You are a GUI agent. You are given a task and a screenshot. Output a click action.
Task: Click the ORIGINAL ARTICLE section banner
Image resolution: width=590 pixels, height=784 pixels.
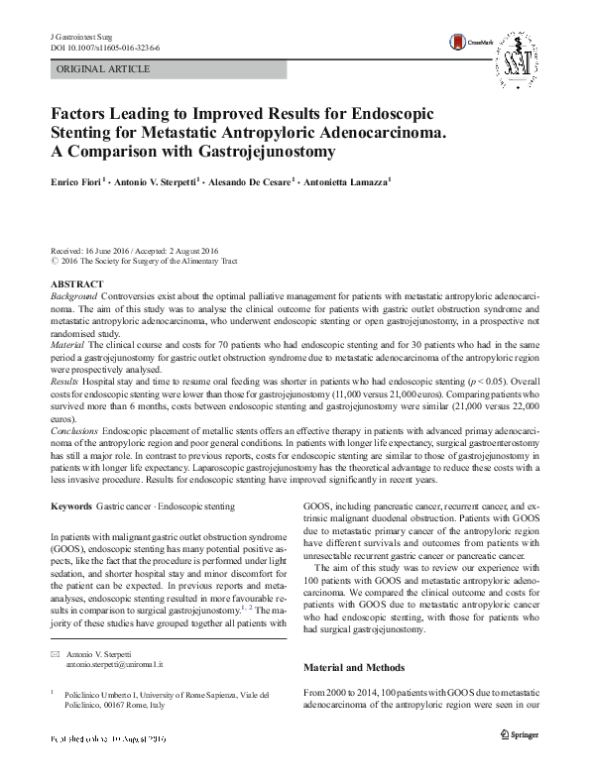104,69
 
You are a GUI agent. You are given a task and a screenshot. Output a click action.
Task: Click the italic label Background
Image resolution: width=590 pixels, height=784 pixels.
73,296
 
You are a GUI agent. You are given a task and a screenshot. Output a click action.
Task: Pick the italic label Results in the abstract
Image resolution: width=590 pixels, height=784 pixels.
65,380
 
